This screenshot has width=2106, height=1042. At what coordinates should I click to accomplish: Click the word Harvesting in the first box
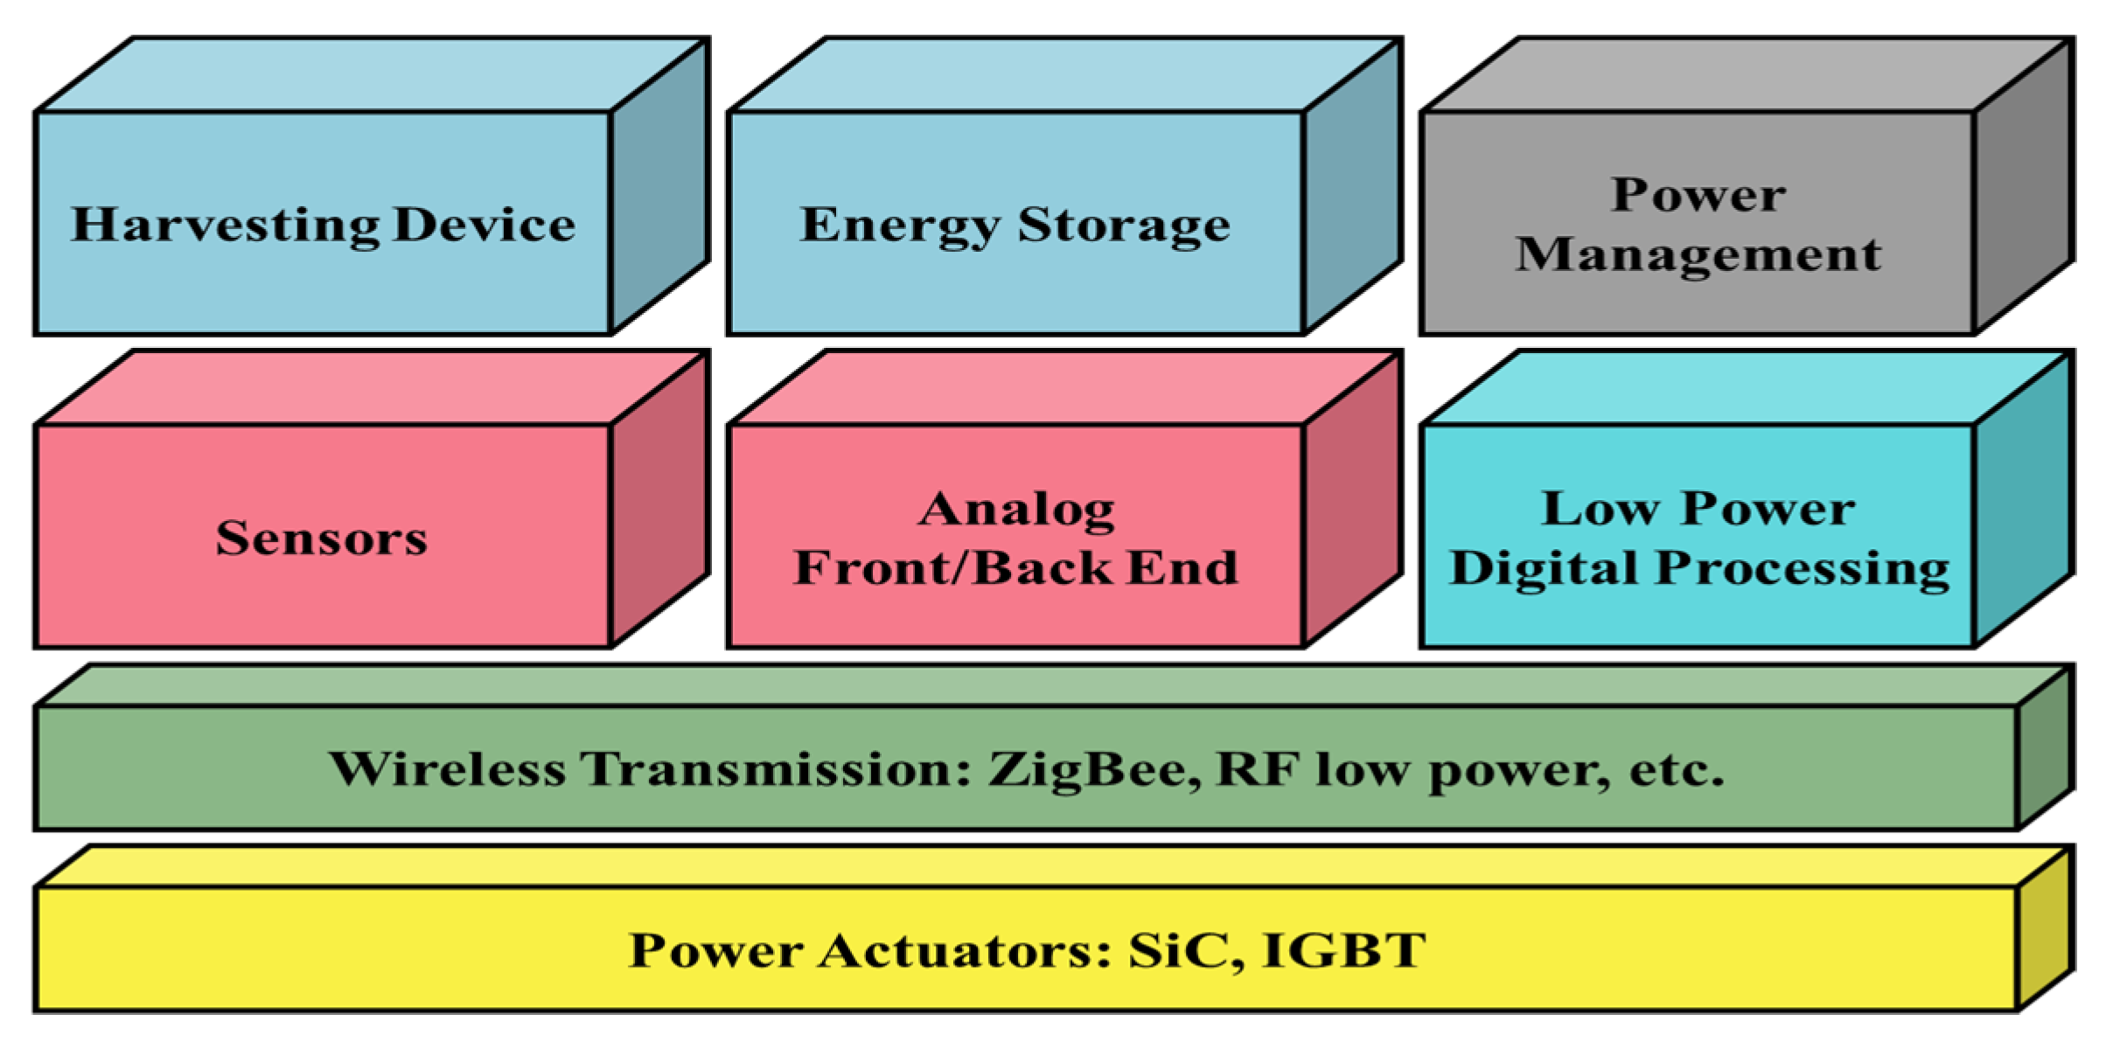[x=225, y=226]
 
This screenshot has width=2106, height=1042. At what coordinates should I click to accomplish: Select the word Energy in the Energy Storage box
[x=900, y=226]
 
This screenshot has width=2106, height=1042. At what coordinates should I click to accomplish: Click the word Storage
[x=1124, y=226]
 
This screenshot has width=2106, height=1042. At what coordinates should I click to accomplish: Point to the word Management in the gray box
[x=1698, y=255]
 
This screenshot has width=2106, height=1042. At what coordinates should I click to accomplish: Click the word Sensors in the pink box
[x=322, y=538]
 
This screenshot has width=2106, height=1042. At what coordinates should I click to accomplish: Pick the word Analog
[x=1016, y=510]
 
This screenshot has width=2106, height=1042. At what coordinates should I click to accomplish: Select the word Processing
[x=1803, y=569]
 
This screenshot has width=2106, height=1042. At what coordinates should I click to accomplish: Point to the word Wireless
[x=447, y=769]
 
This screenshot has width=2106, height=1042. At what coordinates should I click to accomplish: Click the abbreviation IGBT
[x=1345, y=950]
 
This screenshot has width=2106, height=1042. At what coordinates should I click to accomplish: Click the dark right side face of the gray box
[x=2023, y=188]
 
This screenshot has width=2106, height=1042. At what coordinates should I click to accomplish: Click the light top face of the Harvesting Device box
[x=372, y=74]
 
